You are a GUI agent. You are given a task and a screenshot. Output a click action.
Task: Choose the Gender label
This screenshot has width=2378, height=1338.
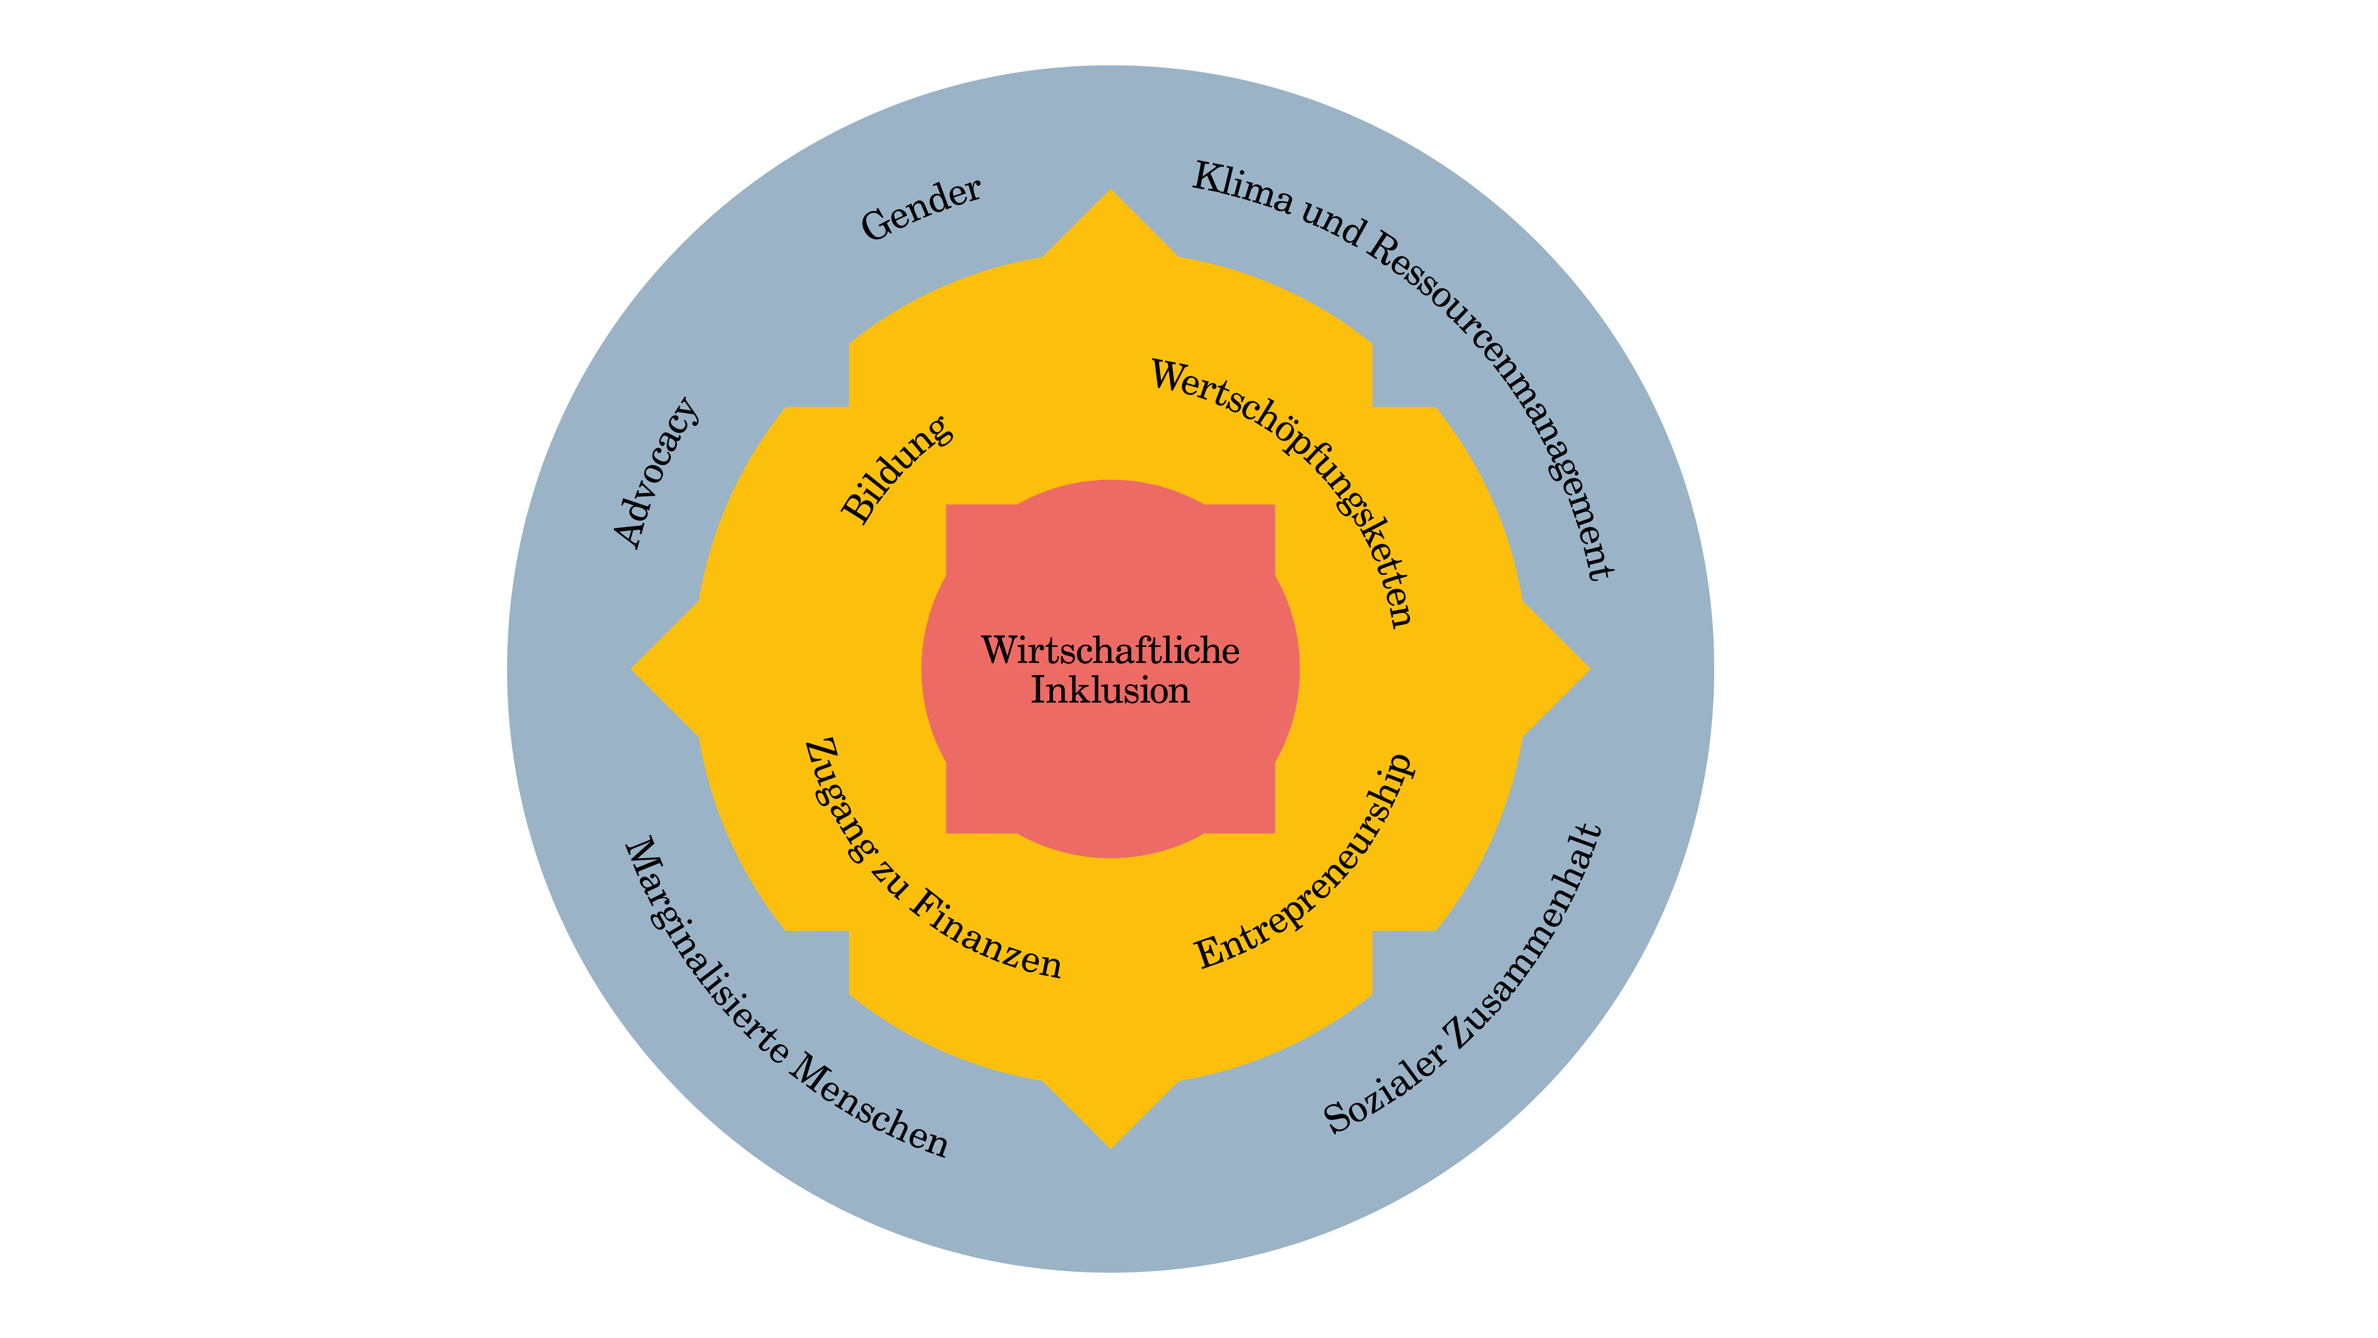tap(921, 209)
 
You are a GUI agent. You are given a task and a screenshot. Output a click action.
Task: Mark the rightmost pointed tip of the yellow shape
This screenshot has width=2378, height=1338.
tap(1590, 669)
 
